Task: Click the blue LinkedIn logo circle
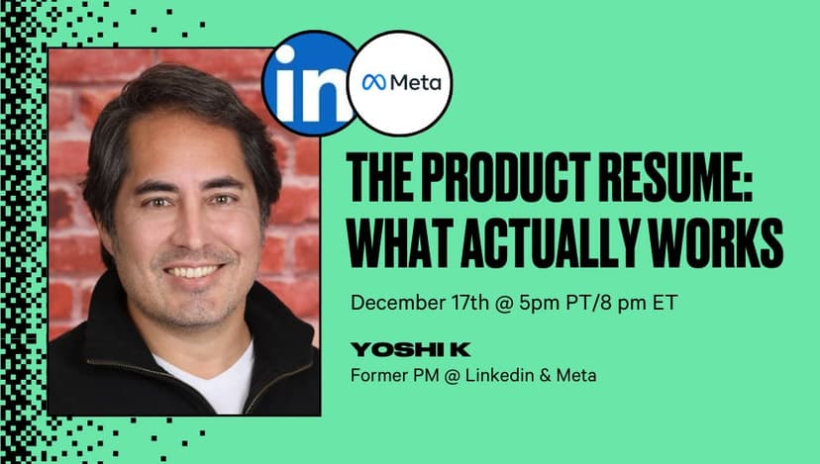pyautogui.click(x=309, y=84)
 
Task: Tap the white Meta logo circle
pyautogui.click(x=400, y=83)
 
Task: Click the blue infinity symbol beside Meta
pyautogui.click(x=374, y=82)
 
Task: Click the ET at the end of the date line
pyautogui.click(x=665, y=303)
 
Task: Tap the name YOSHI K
pyautogui.click(x=411, y=349)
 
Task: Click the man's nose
pyautogui.click(x=191, y=229)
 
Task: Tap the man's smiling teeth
pyautogui.click(x=192, y=272)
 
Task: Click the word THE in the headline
pyautogui.click(x=380, y=178)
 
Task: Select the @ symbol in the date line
pyautogui.click(x=504, y=303)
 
